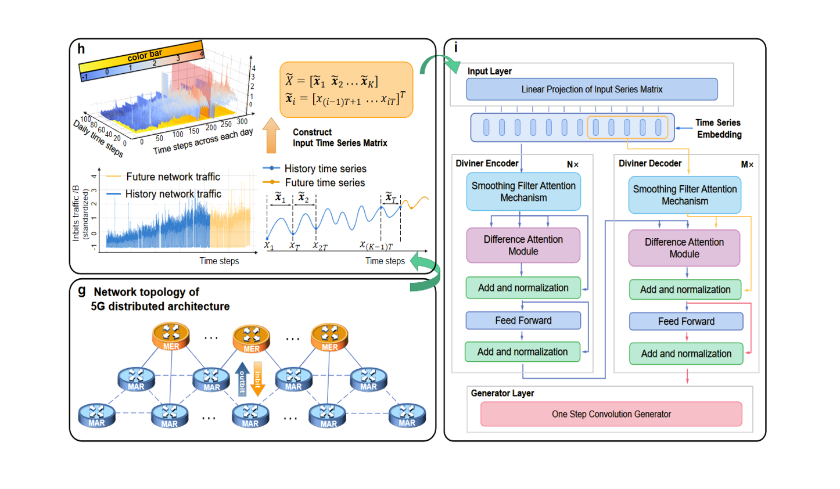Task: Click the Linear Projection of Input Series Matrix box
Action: coord(591,89)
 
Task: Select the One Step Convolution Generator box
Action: coord(611,414)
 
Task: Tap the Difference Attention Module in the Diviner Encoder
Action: coord(523,245)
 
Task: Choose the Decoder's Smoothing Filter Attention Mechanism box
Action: coord(684,195)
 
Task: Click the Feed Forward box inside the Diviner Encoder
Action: coord(523,321)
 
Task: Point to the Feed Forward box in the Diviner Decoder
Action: coord(686,321)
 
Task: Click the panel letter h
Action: coord(81,49)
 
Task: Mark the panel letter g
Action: coord(82,290)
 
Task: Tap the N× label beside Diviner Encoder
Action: coord(573,165)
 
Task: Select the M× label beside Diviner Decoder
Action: coord(747,165)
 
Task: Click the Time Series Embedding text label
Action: coord(719,128)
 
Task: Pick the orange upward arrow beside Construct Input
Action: coord(271,135)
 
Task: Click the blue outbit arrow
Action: coord(242,379)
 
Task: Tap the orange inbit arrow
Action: coord(258,379)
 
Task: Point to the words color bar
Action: coord(145,56)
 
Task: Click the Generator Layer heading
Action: coord(502,393)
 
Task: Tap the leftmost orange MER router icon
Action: coord(171,336)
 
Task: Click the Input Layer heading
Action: coord(490,71)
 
